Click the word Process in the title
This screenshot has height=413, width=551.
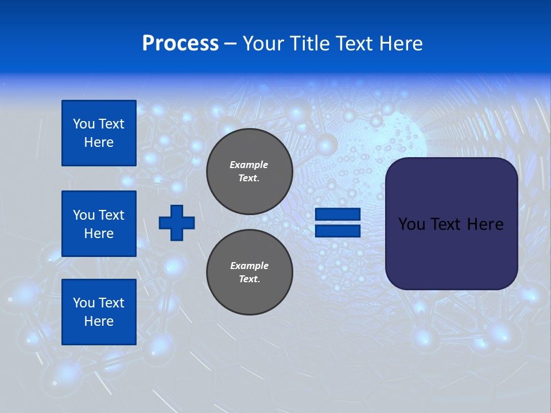pyautogui.click(x=180, y=44)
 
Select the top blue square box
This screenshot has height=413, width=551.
pyautogui.click(x=99, y=133)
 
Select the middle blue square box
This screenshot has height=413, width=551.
pyautogui.click(x=99, y=224)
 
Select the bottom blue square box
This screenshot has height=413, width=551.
pyautogui.click(x=99, y=312)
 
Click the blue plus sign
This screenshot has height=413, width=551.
pyautogui.click(x=177, y=223)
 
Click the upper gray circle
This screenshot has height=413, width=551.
pyautogui.click(x=250, y=171)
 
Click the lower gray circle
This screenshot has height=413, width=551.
pyautogui.click(x=250, y=272)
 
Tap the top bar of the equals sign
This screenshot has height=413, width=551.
pyautogui.click(x=338, y=215)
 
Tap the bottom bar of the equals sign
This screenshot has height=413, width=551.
pyautogui.click(x=338, y=231)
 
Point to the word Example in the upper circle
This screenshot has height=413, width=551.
pyautogui.click(x=249, y=165)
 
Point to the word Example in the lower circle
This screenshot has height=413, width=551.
pyautogui.click(x=249, y=266)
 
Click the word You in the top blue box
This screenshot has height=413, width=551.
pyautogui.click(x=83, y=124)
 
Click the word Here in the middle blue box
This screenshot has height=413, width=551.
pyautogui.click(x=99, y=233)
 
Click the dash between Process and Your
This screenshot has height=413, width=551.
pyautogui.click(x=230, y=44)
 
